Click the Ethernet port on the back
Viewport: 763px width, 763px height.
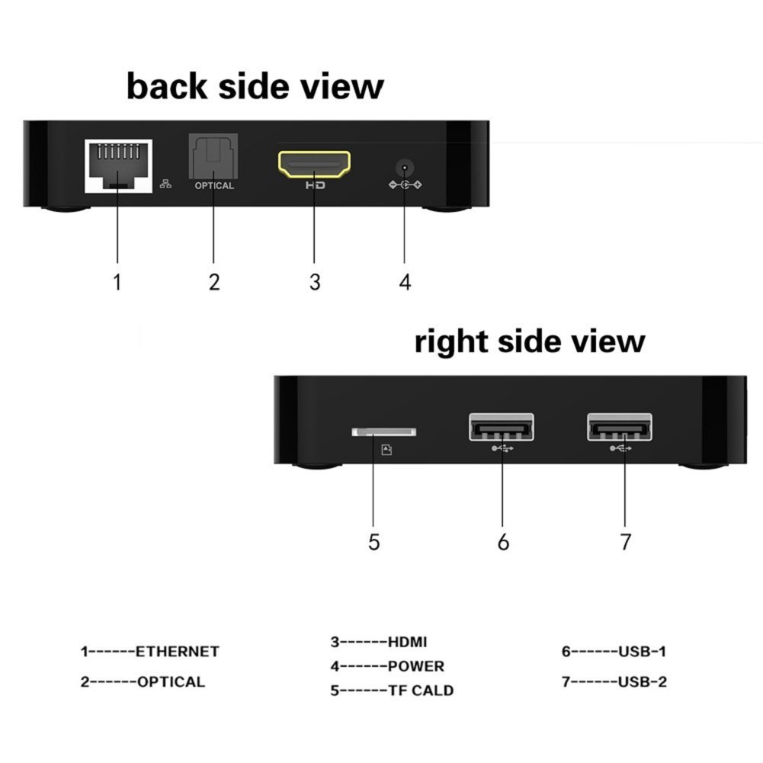point(118,166)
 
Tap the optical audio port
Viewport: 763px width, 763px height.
point(213,157)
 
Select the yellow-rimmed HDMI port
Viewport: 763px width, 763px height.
point(314,164)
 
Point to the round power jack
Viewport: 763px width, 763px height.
point(405,168)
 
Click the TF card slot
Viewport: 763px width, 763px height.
point(384,431)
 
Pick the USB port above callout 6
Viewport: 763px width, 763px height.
point(502,427)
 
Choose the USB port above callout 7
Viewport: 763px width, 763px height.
point(620,427)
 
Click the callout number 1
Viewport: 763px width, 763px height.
point(117,282)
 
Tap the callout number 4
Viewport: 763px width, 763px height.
point(405,282)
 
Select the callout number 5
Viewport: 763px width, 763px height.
point(373,542)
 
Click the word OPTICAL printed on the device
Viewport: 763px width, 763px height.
point(214,185)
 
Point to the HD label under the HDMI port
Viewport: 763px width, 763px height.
point(316,185)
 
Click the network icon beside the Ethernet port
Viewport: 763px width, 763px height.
point(165,184)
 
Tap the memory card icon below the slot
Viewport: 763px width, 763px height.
point(386,450)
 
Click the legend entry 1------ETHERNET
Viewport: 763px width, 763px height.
point(150,651)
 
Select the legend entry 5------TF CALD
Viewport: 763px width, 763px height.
point(392,690)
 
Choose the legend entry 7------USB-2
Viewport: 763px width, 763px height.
point(614,681)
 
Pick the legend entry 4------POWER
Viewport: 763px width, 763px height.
point(387,665)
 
